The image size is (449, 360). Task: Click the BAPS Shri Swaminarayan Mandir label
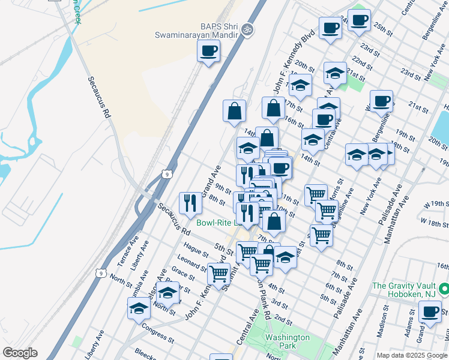(203, 31)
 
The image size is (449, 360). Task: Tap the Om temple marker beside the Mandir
(246, 28)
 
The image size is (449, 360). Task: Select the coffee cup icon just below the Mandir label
(208, 51)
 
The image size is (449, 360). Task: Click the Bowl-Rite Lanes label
(218, 223)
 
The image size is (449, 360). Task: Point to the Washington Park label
(288, 341)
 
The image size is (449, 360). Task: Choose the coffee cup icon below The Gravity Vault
(430, 311)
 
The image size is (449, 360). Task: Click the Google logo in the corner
(20, 353)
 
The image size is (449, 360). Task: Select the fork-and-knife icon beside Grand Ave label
(190, 203)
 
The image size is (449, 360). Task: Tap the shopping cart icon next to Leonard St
(218, 273)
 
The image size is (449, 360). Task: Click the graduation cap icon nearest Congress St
(139, 308)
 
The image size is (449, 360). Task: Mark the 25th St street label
(382, 27)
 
